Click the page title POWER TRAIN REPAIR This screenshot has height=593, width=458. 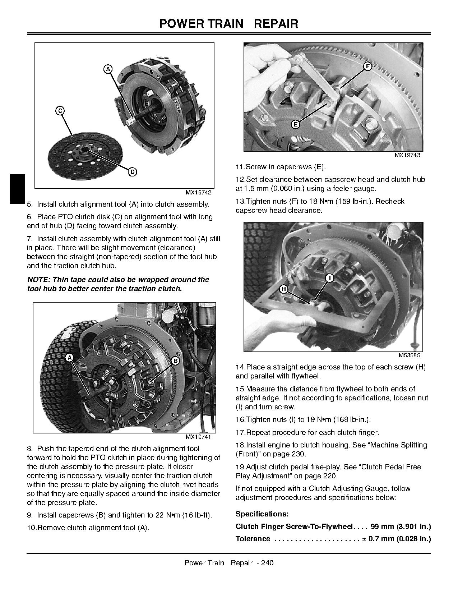(229, 24)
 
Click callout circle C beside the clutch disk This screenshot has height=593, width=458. (60, 111)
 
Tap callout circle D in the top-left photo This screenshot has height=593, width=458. (132, 172)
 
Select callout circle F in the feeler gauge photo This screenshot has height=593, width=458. (367, 66)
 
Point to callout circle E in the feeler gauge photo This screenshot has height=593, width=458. (295, 124)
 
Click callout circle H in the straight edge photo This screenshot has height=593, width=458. (284, 289)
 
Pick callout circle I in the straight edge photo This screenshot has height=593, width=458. (330, 278)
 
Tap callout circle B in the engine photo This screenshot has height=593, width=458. (175, 361)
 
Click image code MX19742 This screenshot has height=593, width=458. (198, 193)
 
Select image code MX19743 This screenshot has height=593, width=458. (407, 155)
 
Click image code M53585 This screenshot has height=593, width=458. (409, 355)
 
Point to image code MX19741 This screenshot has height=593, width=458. (198, 437)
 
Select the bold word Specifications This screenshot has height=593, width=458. (262, 514)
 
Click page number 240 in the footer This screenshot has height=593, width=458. (267, 563)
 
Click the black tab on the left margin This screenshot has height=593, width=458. (17, 189)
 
